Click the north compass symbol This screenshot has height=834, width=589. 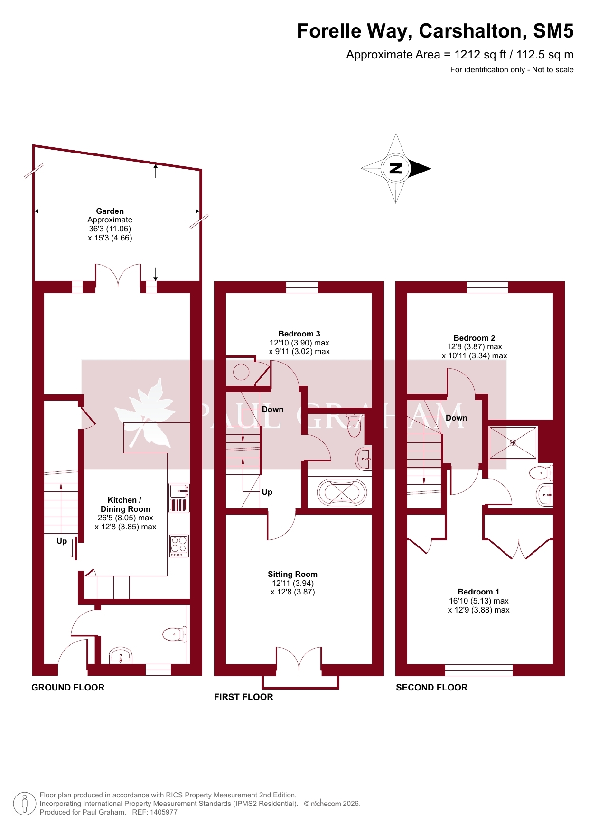(x=396, y=168)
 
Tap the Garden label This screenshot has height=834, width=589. (x=110, y=211)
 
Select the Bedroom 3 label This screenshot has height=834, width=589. (x=299, y=334)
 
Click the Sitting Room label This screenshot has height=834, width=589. (x=292, y=574)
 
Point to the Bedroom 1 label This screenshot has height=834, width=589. (x=478, y=592)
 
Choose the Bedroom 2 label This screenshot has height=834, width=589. (x=474, y=338)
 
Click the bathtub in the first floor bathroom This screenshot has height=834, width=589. (x=342, y=492)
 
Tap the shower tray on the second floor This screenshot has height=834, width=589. (x=513, y=443)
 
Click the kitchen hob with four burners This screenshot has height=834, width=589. (x=179, y=546)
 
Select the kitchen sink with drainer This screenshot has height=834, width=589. (x=179, y=498)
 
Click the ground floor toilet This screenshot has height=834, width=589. (x=174, y=634)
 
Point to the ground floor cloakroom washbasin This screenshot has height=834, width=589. (x=121, y=656)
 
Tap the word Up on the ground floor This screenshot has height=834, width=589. (x=62, y=541)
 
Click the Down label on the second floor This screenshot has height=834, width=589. (x=456, y=418)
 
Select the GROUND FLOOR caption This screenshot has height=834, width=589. (x=68, y=687)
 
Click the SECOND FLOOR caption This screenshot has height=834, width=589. (x=431, y=687)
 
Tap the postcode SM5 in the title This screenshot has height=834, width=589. (x=553, y=31)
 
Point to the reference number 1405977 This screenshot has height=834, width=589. (x=163, y=812)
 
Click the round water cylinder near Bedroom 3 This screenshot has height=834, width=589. (x=241, y=372)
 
